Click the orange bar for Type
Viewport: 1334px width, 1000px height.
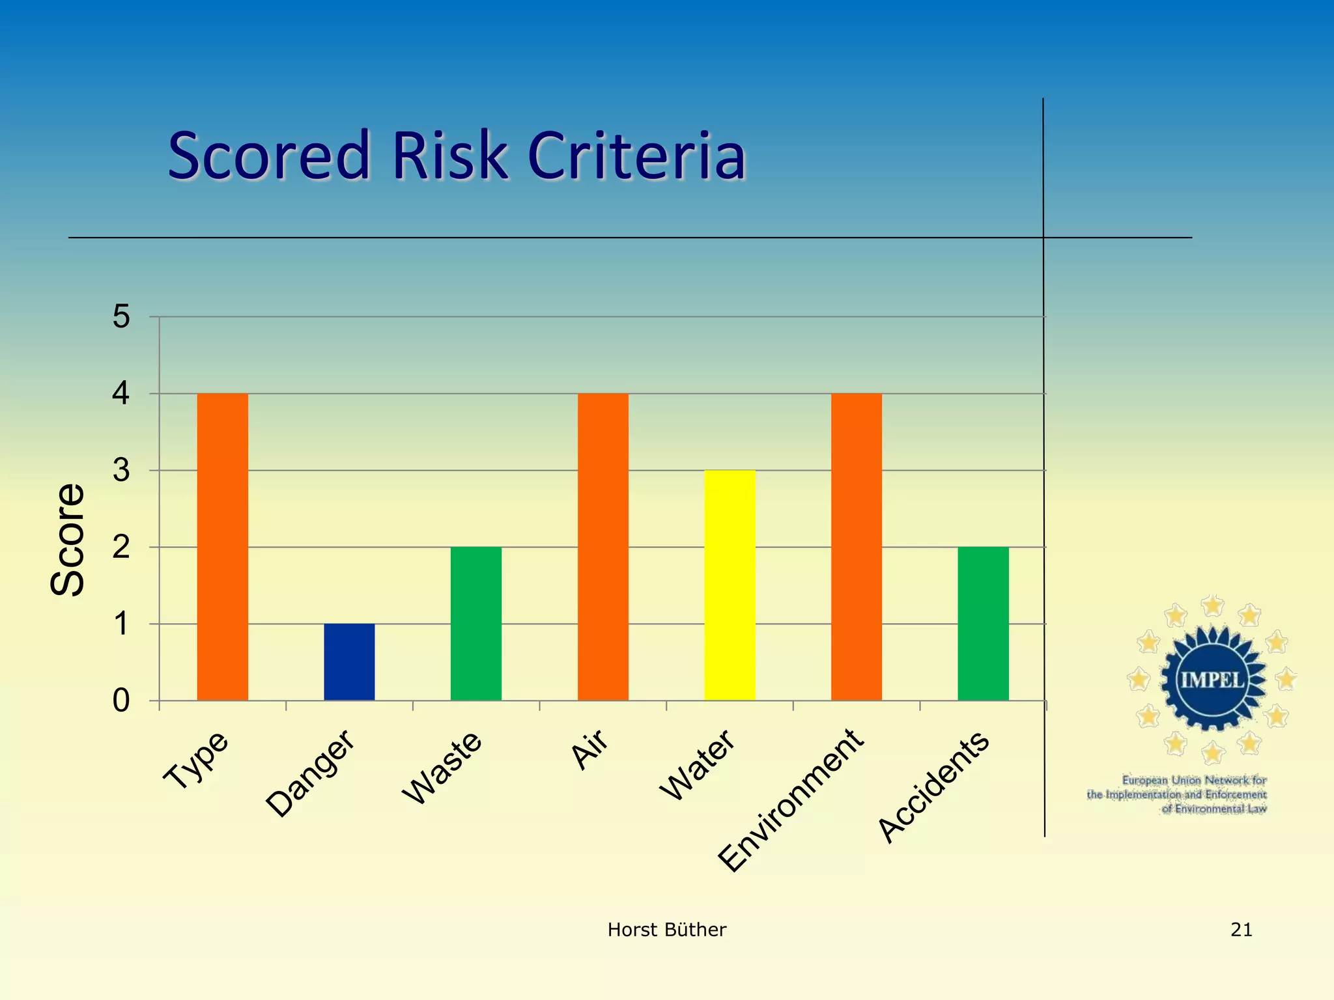point(222,547)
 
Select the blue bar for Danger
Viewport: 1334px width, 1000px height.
point(349,662)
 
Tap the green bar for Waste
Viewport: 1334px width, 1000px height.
point(476,624)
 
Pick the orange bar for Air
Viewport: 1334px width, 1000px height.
point(603,547)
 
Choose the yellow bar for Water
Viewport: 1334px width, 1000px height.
point(730,585)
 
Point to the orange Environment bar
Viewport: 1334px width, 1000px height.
point(856,547)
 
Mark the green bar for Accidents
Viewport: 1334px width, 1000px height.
point(983,624)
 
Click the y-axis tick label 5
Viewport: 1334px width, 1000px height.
point(121,317)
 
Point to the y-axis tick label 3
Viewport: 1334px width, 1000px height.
point(121,471)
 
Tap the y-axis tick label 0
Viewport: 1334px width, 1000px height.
point(121,701)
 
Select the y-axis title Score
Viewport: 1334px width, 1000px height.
point(67,540)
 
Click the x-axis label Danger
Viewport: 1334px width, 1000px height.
point(311,773)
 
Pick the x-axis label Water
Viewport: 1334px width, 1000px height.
point(697,765)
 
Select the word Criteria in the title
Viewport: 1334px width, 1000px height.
point(636,156)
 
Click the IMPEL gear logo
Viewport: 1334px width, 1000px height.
point(1213,680)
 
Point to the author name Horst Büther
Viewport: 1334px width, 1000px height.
point(666,930)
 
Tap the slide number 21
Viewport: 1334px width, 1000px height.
point(1241,930)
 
